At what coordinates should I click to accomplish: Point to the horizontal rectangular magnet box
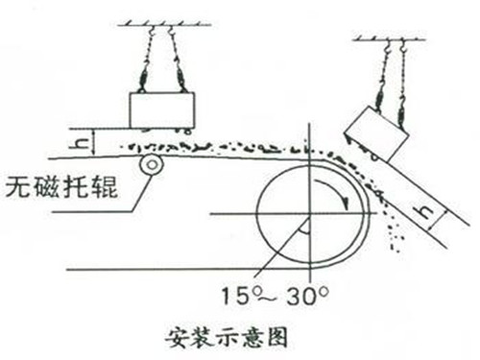tap(161, 108)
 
